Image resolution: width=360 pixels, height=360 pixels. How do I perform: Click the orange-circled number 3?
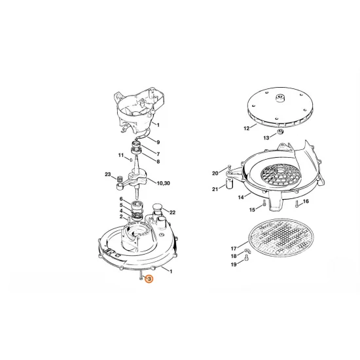(x=149, y=279)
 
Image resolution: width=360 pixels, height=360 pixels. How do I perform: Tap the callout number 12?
(x=247, y=128)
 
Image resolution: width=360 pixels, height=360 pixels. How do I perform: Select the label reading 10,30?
(x=163, y=183)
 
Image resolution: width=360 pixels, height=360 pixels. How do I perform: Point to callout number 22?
(x=172, y=212)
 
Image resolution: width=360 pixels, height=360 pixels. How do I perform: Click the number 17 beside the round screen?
(x=234, y=249)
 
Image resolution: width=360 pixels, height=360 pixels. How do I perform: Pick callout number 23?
(x=108, y=175)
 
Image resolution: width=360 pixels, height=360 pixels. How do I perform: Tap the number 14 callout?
(x=241, y=197)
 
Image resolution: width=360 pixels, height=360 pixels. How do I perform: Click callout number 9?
(x=158, y=142)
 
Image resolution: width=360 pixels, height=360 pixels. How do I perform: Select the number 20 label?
(x=215, y=173)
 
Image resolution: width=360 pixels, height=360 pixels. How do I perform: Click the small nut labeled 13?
(x=280, y=132)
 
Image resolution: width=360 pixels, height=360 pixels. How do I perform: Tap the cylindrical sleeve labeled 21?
(x=230, y=183)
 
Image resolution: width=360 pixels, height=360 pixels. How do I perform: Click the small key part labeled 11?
(x=131, y=160)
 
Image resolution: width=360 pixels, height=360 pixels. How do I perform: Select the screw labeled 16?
(x=297, y=204)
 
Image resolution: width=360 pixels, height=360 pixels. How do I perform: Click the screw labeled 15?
(x=264, y=203)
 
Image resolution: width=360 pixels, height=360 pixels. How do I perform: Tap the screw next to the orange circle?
(x=141, y=276)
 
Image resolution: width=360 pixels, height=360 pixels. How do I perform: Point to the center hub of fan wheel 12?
(x=280, y=98)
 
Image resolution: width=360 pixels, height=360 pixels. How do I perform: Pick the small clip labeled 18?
(x=247, y=251)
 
